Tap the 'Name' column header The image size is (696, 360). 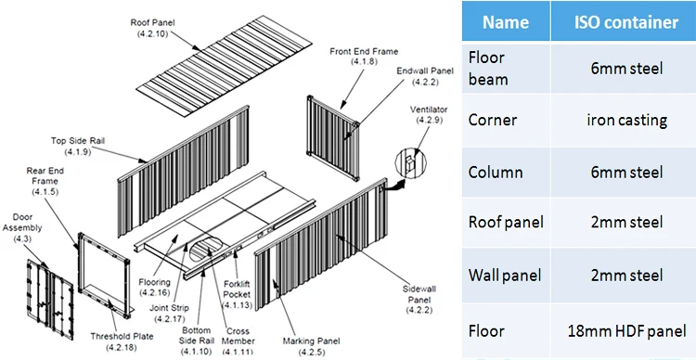coord(507,22)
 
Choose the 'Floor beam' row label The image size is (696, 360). coord(489,69)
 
